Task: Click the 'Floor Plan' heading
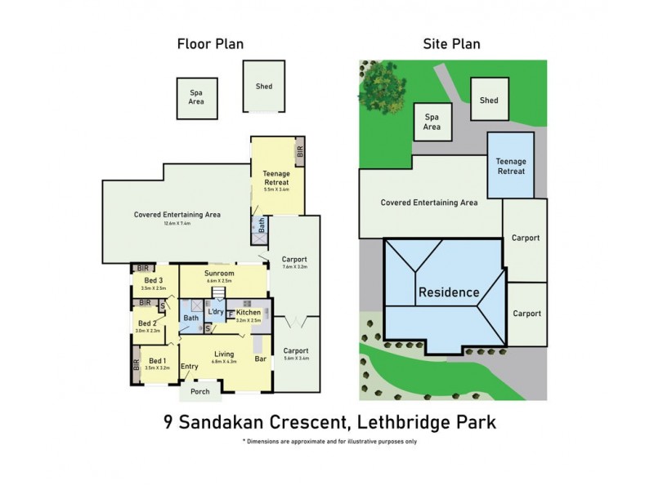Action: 210,44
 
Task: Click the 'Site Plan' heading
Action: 450,44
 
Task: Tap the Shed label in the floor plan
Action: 263,87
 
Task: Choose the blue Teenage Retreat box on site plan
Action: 511,166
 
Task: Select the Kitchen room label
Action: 249,313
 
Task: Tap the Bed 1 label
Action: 157,361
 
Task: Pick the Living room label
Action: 222,354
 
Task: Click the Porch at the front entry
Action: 199,391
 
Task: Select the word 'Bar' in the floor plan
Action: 260,359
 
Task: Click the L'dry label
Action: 216,313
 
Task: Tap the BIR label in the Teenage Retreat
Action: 299,151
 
